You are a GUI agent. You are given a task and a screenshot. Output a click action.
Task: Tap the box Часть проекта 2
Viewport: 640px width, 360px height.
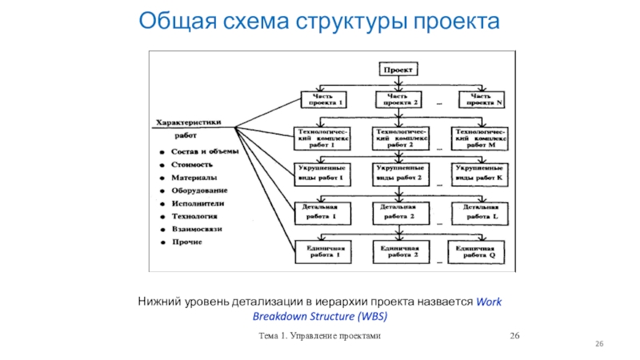[398, 99]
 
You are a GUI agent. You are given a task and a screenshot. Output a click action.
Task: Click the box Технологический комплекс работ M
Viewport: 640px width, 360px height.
[480, 138]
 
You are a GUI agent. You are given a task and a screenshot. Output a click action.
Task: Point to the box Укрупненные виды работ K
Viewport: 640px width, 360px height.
[478, 174]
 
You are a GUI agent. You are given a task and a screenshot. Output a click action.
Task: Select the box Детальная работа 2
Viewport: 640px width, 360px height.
[399, 211]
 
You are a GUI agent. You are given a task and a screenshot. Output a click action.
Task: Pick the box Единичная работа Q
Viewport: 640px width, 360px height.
[478, 252]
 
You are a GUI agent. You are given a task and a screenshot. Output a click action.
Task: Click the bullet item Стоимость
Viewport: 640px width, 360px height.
[190, 164]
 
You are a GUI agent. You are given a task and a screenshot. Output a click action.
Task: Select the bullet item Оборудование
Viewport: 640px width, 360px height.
[198, 190]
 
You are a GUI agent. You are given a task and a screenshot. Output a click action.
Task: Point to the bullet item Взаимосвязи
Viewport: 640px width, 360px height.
[196, 230]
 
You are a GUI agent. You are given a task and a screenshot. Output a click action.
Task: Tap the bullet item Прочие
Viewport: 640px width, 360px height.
[186, 242]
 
